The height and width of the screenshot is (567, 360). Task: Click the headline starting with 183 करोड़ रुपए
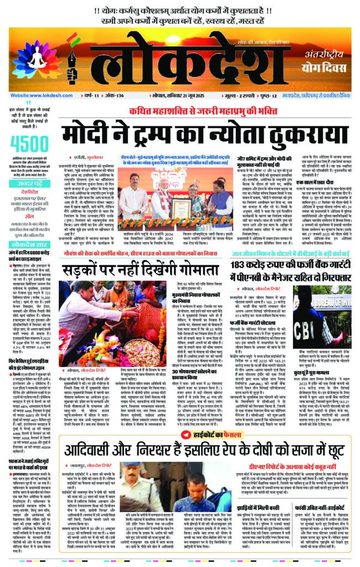287,264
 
